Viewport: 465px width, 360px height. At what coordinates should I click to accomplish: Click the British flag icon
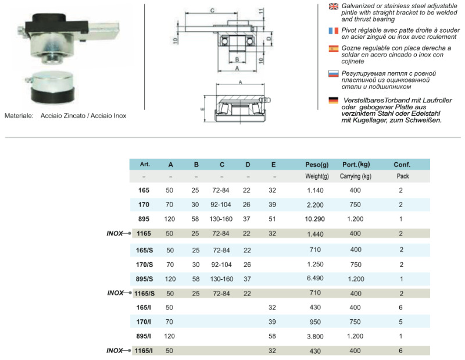334,6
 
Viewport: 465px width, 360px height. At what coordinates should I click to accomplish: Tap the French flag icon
334,30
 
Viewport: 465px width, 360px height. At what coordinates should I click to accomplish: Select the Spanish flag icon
334,48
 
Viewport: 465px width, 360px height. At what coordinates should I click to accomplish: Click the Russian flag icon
334,74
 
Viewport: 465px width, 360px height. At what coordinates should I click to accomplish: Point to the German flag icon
334,100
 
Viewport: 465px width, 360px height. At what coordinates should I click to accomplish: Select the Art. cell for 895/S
145,279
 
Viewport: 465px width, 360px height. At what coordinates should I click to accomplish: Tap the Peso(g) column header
317,164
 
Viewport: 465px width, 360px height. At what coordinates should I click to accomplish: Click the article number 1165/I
145,351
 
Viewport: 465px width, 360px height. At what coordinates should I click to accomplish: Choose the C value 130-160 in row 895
222,219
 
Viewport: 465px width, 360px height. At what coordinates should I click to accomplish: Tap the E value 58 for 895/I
273,337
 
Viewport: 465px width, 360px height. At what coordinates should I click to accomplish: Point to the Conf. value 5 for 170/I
401,322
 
